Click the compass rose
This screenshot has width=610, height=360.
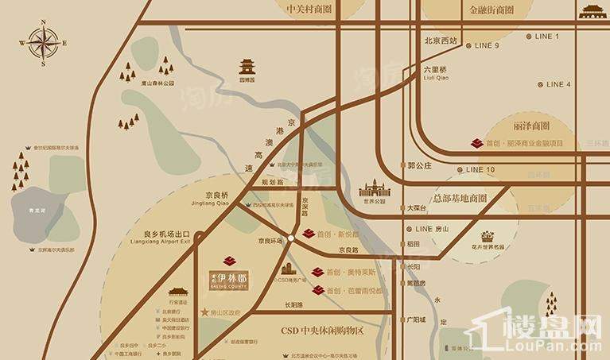pyautogui.click(x=43, y=42)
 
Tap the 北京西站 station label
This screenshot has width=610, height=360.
pyautogui.click(x=441, y=41)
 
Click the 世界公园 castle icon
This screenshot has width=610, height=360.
pyautogui.click(x=374, y=189)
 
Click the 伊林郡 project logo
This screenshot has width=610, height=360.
pyautogui.click(x=230, y=275)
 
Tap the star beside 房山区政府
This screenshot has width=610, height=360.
pyautogui.click(x=205, y=312)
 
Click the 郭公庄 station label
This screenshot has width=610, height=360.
pyautogui.click(x=418, y=165)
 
